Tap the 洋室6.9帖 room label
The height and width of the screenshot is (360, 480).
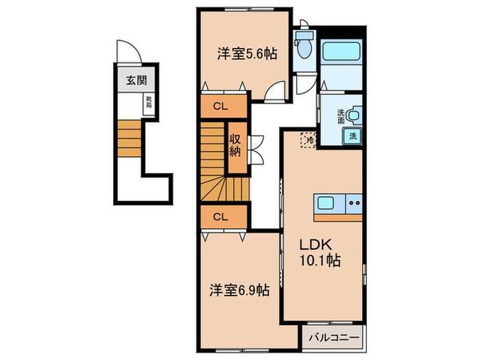(x=239, y=290)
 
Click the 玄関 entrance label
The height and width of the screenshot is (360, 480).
(x=135, y=80)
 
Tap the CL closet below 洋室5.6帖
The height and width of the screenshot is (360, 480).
(x=221, y=106)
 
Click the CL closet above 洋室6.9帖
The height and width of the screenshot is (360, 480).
(x=221, y=217)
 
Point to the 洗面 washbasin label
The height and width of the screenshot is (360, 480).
(x=341, y=116)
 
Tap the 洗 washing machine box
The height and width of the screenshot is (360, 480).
(x=353, y=136)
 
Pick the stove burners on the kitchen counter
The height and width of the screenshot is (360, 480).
(x=354, y=203)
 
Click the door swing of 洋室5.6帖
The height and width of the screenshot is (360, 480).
(x=276, y=91)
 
